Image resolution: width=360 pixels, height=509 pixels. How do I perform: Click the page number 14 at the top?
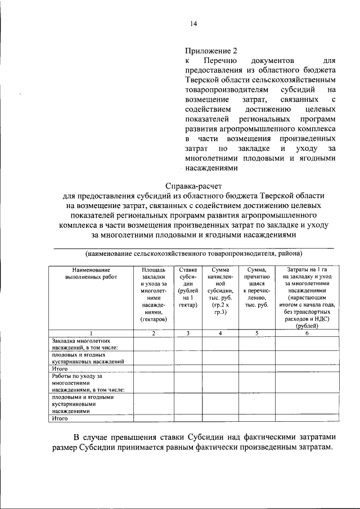point(193,24)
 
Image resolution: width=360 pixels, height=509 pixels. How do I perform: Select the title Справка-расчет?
point(193,185)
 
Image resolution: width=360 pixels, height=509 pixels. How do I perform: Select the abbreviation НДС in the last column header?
point(325,318)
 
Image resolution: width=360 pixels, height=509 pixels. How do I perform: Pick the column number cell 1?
point(90,333)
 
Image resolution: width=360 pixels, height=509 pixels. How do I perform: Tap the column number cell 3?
point(187,333)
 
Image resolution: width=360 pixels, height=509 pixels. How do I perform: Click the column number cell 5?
point(256,333)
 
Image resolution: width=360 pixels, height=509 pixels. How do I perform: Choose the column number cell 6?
point(307,333)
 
